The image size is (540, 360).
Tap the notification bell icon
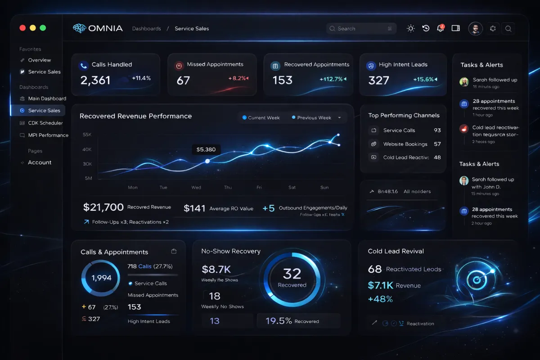tap(440, 28)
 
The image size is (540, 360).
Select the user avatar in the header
tap(475, 28)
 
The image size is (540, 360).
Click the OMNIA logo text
tap(105, 28)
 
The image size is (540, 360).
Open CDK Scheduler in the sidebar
tap(45, 123)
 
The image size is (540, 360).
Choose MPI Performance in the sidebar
tap(48, 135)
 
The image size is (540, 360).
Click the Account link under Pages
tap(40, 162)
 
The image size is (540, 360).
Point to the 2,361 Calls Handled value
tap(95, 80)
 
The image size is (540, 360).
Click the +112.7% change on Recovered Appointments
tap(331, 79)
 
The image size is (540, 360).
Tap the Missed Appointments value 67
tap(183, 81)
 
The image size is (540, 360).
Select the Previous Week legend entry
tap(314, 117)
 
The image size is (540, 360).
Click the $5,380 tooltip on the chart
tap(206, 149)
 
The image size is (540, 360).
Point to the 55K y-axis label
tap(87, 135)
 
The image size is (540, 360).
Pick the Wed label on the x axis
tap(196, 187)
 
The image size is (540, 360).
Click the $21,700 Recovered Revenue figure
tap(103, 207)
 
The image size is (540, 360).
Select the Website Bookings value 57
tap(437, 144)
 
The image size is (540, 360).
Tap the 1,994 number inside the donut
tap(101, 278)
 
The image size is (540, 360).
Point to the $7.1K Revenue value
tap(380, 285)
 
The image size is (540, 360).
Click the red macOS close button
tap(22, 28)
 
